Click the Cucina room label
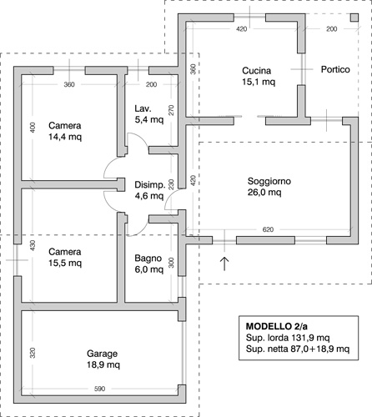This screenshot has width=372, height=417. coord(256,71)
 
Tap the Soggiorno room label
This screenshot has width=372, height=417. coord(269,181)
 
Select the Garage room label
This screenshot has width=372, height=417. coord(102,354)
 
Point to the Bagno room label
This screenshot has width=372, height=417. coord(148,259)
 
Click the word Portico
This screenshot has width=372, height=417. coord(335,69)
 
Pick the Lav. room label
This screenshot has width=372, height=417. coord(143,108)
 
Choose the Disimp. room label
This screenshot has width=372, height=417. coord(150,185)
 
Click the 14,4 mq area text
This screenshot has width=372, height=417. coord(65,137)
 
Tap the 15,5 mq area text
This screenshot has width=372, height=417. coord(65,263)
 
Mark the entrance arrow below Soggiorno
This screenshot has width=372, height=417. coord(224,264)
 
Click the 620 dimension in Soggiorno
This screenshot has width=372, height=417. coord(268,229)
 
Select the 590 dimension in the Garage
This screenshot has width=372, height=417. coord(99,389)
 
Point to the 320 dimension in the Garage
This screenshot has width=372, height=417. coord(33,353)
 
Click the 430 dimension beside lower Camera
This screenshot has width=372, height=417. coord(33,245)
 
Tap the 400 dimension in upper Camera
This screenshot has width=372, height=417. coord(33,128)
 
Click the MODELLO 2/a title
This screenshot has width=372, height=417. coord(276,326)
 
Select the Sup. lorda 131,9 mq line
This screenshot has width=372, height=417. coord(288,338)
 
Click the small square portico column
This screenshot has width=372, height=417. coord(354,18)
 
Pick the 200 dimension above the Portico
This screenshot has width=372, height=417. coord(332,29)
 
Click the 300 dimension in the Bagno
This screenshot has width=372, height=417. coord(171,263)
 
